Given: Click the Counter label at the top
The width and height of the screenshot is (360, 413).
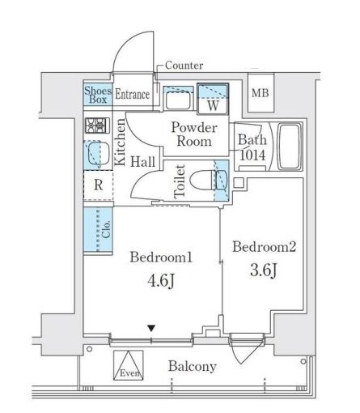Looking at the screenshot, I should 184,66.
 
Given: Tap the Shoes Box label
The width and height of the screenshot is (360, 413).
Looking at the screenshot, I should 96,94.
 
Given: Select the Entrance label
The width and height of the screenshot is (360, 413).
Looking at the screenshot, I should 132,95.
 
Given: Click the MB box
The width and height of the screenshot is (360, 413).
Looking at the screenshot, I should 260,94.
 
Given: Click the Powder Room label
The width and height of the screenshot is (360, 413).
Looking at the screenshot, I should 191,134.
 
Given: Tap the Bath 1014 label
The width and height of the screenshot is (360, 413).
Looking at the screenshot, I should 250,147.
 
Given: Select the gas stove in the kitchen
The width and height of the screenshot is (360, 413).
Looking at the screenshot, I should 97,126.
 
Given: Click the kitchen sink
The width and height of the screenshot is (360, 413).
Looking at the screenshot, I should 98,152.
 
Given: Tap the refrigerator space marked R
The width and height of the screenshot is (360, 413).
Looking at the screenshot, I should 98,184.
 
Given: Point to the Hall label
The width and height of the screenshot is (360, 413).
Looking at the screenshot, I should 144,162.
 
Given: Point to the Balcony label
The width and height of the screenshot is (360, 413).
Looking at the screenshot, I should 192,366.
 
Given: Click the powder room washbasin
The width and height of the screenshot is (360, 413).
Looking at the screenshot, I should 176,100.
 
